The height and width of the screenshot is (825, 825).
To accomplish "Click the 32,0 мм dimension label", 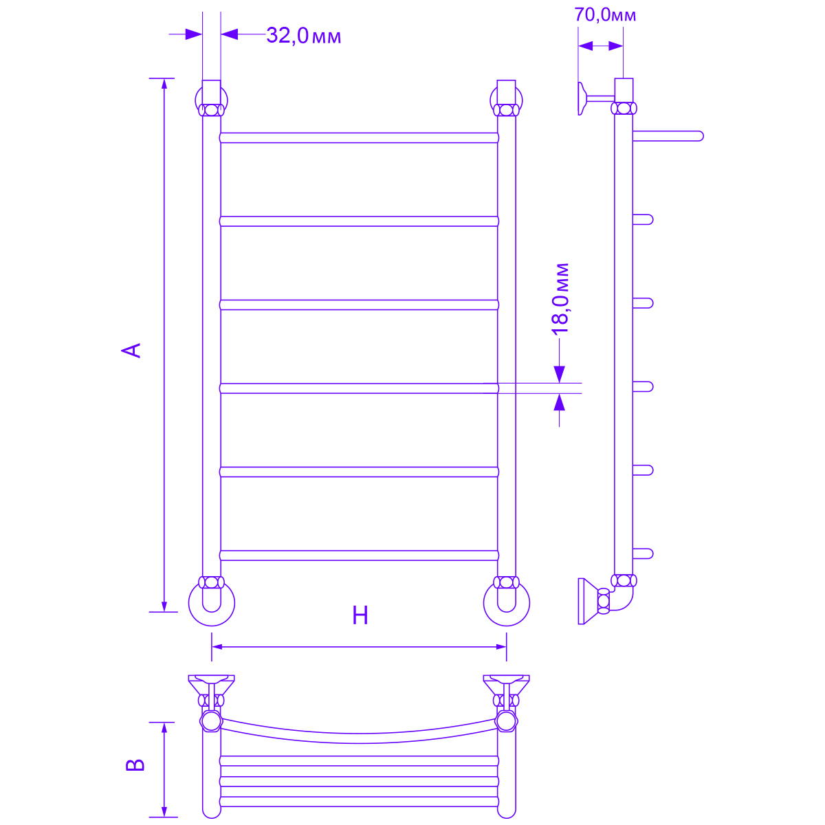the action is tap(303, 36).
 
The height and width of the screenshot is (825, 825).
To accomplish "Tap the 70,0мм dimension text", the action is tap(604, 14).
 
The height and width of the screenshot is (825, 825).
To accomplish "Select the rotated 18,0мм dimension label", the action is tap(560, 298).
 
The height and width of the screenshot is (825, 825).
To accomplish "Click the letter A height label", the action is tap(131, 350).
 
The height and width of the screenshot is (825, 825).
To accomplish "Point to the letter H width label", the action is tap(360, 615).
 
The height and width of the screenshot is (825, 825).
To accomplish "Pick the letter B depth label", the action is tap(135, 765).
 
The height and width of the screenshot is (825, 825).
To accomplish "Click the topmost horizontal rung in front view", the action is tap(359, 137).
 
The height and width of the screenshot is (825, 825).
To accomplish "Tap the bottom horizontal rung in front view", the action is tap(359, 555).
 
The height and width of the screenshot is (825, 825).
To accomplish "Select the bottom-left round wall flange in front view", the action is tap(212, 626).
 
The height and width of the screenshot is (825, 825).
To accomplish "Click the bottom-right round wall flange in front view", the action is tap(507, 626).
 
